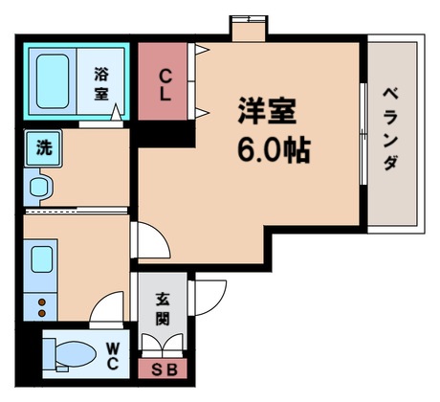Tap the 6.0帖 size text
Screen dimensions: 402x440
tap(272, 150)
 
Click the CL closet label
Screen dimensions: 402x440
tap(165, 84)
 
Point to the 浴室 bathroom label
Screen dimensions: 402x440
tap(101, 82)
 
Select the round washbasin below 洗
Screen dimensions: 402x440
tap(40, 186)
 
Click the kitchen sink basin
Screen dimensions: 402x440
tap(42, 260)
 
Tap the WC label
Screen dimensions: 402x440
tap(113, 356)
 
